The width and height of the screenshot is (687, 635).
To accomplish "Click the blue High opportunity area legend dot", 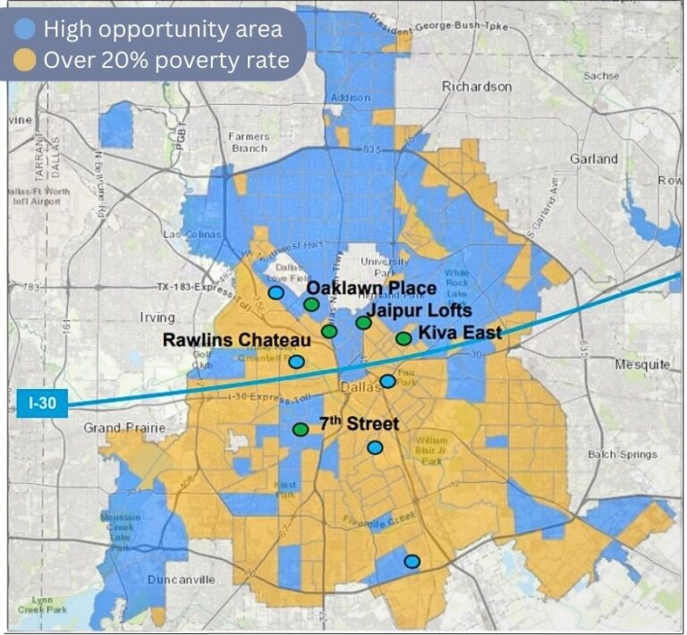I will pos(26,29).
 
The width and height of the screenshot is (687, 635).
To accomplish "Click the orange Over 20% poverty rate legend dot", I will pos(26,60).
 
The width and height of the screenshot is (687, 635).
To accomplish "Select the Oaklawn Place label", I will pos(371,288).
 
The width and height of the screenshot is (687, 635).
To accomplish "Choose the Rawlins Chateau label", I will pos(236,340).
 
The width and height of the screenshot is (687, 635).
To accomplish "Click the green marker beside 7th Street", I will pos(301,429).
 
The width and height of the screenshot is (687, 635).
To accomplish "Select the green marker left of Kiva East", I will pos(403,339).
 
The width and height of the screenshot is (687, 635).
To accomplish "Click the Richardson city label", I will pos(477,87).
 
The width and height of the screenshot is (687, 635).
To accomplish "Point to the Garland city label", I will pos(593,159).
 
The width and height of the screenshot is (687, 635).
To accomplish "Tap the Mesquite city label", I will pos(642,364).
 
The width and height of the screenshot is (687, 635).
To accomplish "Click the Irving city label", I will pos(158,317).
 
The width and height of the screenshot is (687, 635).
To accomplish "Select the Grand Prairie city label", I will pos(125,428).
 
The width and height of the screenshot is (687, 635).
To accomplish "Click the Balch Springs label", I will pos(623,454).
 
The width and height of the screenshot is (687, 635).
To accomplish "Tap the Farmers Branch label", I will pos(248,142).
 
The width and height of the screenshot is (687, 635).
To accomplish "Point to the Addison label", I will pos(350,97).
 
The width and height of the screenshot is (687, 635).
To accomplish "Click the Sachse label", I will pos(600,76).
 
